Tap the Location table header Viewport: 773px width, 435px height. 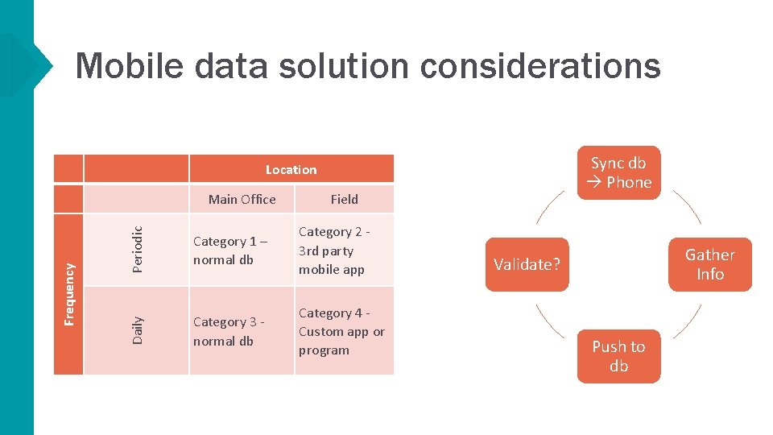pyautogui.click(x=291, y=169)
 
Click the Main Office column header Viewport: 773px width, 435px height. pyautogui.click(x=242, y=199)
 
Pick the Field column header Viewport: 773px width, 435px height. pyautogui.click(x=344, y=199)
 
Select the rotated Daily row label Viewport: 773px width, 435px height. pyautogui.click(x=137, y=330)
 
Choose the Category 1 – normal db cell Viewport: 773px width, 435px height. pyautogui.click(x=241, y=251)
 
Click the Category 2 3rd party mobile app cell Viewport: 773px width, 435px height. pyautogui.click(x=344, y=251)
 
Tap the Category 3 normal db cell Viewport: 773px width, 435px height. pyautogui.click(x=241, y=331)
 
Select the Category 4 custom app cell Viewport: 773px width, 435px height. pyautogui.click(x=344, y=331)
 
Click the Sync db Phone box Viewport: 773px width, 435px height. pyautogui.click(x=618, y=172)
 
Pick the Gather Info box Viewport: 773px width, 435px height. pyautogui.click(x=709, y=264)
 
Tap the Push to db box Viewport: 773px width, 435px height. pyautogui.click(x=618, y=356)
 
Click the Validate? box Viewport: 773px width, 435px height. pyautogui.click(x=527, y=264)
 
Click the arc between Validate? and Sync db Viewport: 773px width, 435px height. pyautogui.click(x=549, y=207)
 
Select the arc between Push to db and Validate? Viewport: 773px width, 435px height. pyautogui.click(x=549, y=321)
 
